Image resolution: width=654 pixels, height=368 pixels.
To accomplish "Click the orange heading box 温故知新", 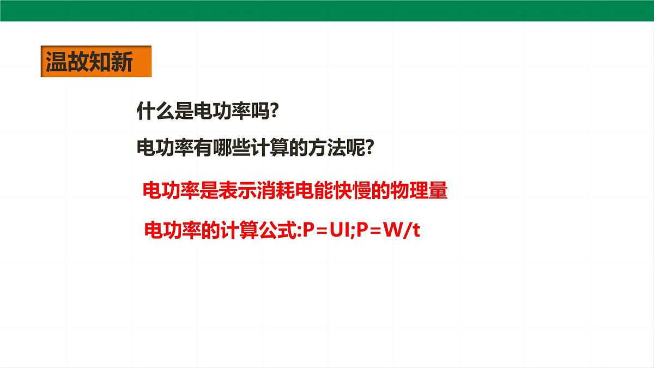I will pos(95,62).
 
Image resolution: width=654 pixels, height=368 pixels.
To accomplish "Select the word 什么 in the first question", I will pos(155,112).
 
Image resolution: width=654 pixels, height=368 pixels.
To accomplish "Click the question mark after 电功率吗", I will pos(274,112).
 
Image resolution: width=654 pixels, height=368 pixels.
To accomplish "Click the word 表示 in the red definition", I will pos(235,191).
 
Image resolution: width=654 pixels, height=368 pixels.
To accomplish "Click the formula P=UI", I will pos(327,231).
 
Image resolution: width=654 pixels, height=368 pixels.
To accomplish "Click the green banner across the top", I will pos(327,10).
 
